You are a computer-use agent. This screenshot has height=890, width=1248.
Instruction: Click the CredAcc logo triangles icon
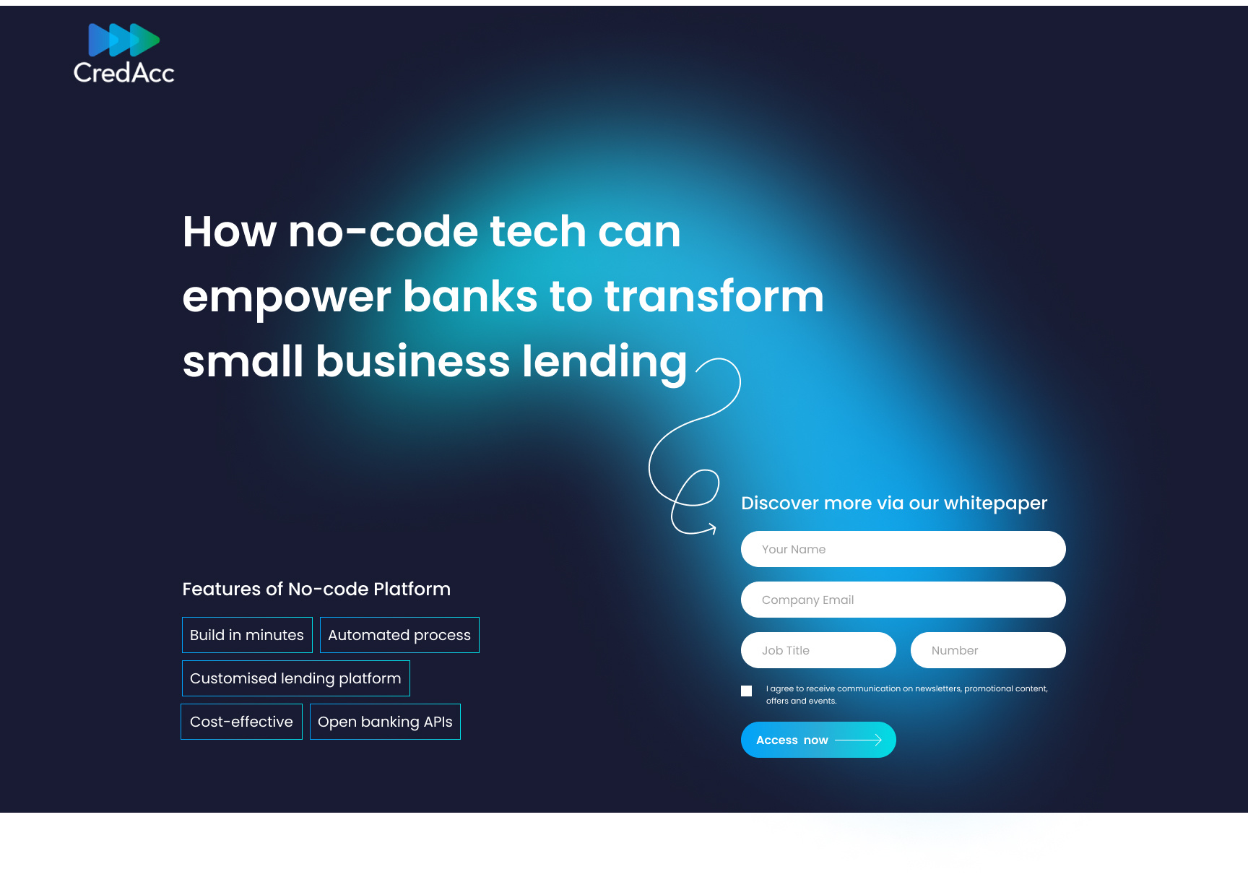pos(123,40)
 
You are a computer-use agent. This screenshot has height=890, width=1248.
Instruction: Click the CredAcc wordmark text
pos(123,73)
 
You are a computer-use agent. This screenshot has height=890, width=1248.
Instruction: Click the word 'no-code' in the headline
pos(383,232)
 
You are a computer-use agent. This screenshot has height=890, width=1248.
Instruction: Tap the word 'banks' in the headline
pos(470,297)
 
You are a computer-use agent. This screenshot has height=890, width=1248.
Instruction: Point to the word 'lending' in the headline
pos(604,362)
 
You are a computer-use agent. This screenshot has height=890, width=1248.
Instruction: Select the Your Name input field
pos(903,549)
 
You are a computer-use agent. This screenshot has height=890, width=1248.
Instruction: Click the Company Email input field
pos(903,600)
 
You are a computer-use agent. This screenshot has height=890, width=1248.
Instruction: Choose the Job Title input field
pos(818,650)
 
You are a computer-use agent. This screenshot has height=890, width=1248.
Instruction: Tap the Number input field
pos(987,650)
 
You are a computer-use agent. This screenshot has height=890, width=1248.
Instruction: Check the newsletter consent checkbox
pos(747,691)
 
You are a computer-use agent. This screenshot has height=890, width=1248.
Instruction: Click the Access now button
pos(818,740)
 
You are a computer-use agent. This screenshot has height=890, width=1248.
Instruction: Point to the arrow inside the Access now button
pos(859,740)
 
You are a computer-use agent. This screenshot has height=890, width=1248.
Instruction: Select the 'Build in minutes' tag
pos(247,635)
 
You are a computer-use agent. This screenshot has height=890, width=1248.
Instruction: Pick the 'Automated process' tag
pos(399,635)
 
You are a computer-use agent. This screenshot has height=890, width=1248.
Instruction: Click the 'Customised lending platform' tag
pos(295,678)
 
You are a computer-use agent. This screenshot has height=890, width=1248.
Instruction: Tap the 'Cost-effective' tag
pos(241,722)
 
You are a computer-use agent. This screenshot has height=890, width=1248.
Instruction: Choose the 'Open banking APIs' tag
pos(385,722)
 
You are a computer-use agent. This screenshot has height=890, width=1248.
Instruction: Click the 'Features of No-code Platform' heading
pos(316,589)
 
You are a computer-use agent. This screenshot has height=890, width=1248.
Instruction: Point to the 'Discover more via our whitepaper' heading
pos(893,503)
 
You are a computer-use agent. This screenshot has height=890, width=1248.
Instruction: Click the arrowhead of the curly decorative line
pos(713,528)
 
